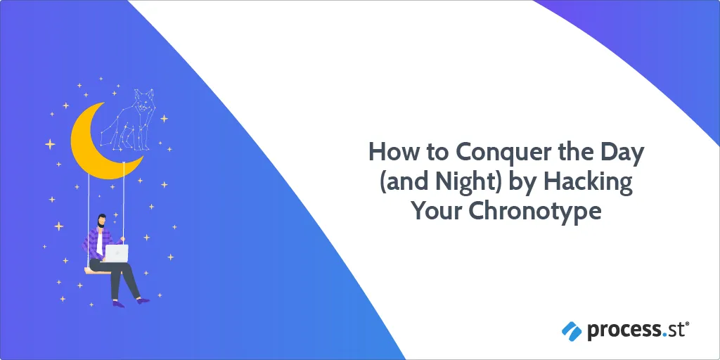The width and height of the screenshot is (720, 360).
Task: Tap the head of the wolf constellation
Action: pyautogui.click(x=143, y=101)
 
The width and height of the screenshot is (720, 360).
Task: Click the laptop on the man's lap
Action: pyautogui.click(x=117, y=253)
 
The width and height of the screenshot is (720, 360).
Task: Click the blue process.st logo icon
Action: pyautogui.click(x=571, y=330)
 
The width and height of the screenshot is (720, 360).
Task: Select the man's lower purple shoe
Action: pyautogui.click(x=118, y=304)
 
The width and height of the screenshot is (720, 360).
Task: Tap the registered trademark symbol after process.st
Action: pyautogui.click(x=688, y=323)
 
